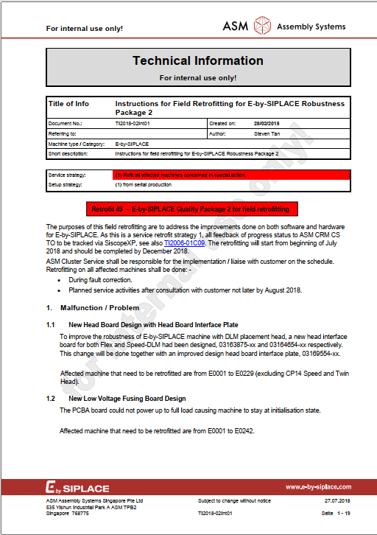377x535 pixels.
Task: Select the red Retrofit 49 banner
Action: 192,209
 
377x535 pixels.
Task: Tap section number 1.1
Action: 51,324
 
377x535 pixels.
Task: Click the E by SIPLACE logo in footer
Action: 77,488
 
